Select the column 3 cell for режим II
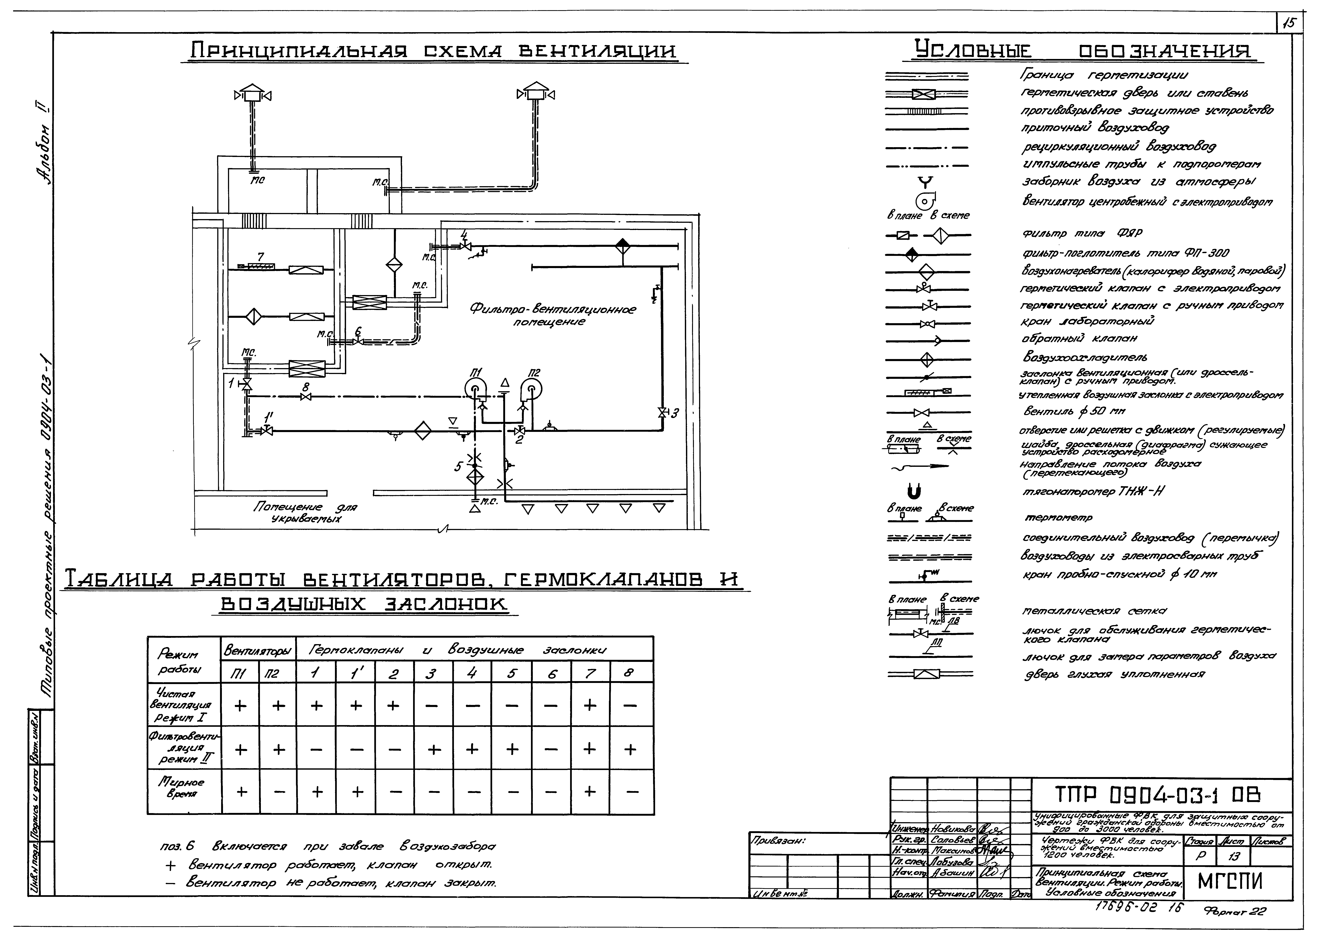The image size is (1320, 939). (433, 749)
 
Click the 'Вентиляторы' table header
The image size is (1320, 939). (258, 650)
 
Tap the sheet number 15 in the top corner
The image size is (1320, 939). (1288, 40)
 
